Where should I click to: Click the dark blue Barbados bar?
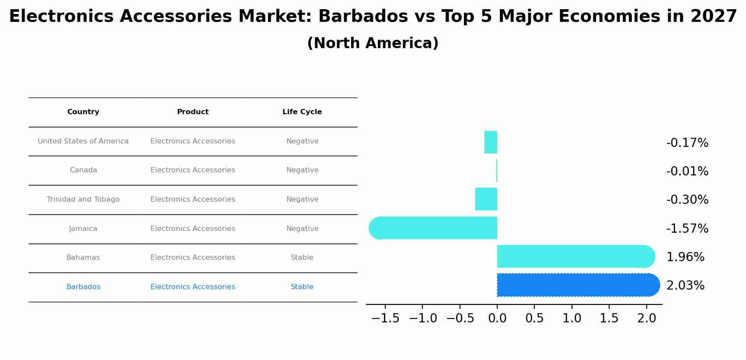click(x=577, y=285)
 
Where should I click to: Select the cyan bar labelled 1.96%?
click(x=575, y=257)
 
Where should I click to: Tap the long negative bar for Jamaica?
click(x=433, y=228)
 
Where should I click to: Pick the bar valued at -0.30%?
click(x=486, y=199)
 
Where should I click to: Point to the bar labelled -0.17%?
click(x=491, y=142)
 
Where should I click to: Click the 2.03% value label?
click(x=685, y=286)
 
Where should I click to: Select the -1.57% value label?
click(x=687, y=228)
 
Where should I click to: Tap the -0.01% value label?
click(x=687, y=171)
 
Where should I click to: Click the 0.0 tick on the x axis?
click(x=497, y=318)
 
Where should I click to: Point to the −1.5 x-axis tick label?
click(x=385, y=318)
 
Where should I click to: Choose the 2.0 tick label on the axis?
click(x=647, y=318)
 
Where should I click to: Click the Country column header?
click(x=83, y=112)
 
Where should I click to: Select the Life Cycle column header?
click(x=302, y=112)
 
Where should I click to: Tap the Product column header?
click(x=193, y=112)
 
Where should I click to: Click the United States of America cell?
click(x=83, y=141)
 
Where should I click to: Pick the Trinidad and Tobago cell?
click(x=83, y=199)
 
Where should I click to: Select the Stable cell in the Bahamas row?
click(x=302, y=258)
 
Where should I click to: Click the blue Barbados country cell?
click(x=83, y=287)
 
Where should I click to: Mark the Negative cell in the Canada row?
click(x=302, y=170)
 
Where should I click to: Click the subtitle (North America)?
click(x=373, y=43)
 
